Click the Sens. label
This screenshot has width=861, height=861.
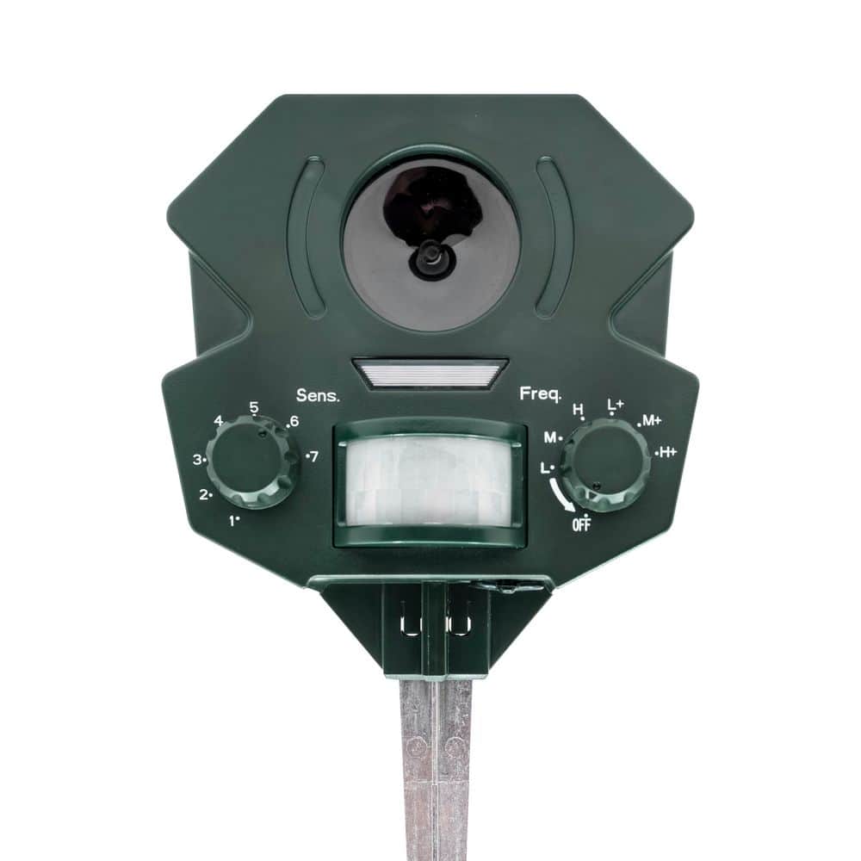(318, 396)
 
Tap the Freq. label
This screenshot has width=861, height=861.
(540, 394)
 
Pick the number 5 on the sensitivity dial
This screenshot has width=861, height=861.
(254, 407)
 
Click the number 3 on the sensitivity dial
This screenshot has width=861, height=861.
(197, 460)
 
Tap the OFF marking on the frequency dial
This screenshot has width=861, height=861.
(581, 525)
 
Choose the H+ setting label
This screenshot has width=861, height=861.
(667, 451)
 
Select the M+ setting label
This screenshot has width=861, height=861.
(651, 421)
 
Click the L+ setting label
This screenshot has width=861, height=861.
(615, 404)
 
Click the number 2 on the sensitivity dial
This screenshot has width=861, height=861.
(205, 494)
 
